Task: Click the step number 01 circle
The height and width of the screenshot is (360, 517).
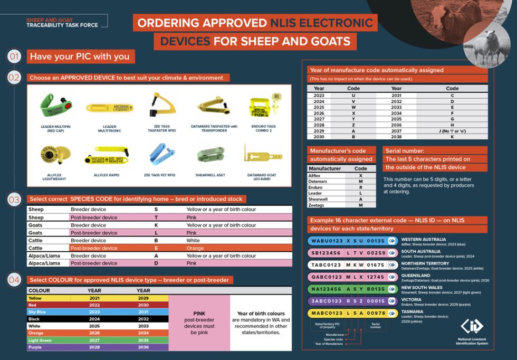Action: (x=14, y=56)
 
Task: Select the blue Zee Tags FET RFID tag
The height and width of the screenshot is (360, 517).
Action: (x=160, y=155)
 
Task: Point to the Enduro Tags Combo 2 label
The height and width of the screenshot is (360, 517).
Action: (x=263, y=128)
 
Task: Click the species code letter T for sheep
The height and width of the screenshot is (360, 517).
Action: (x=156, y=217)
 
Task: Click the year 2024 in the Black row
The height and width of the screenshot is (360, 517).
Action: (x=94, y=319)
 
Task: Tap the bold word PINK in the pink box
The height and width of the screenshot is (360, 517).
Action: (x=199, y=313)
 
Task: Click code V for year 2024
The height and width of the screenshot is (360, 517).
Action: (x=353, y=101)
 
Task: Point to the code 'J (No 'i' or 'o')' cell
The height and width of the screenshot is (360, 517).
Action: (x=452, y=131)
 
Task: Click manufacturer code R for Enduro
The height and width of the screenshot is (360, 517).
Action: (x=360, y=187)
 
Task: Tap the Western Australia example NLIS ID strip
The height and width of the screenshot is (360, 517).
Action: (x=352, y=241)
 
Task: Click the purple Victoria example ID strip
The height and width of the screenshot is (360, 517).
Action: (x=352, y=301)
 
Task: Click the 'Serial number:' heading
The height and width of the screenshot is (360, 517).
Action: (x=405, y=150)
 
